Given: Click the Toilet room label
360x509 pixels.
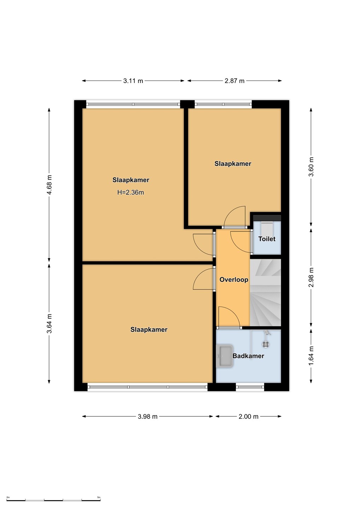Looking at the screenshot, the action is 267,239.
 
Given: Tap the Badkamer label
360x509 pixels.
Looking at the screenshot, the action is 248,356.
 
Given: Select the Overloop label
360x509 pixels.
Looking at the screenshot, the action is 234,280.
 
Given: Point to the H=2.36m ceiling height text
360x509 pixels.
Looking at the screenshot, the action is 130,192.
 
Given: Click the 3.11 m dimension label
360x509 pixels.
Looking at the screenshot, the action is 133,81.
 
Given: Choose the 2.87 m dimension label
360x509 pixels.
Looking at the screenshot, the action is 234,81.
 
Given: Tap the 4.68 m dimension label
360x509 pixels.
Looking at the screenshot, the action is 49,185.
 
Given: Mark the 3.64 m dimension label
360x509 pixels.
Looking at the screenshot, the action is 49,323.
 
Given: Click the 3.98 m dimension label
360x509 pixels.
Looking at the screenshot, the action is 147,416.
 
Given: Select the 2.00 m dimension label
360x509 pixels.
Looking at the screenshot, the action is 248,416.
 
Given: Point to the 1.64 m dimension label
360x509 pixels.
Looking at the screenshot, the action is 311,356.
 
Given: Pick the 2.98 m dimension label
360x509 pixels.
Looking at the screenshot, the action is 311,277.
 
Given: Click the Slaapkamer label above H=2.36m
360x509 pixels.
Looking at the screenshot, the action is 131,180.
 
